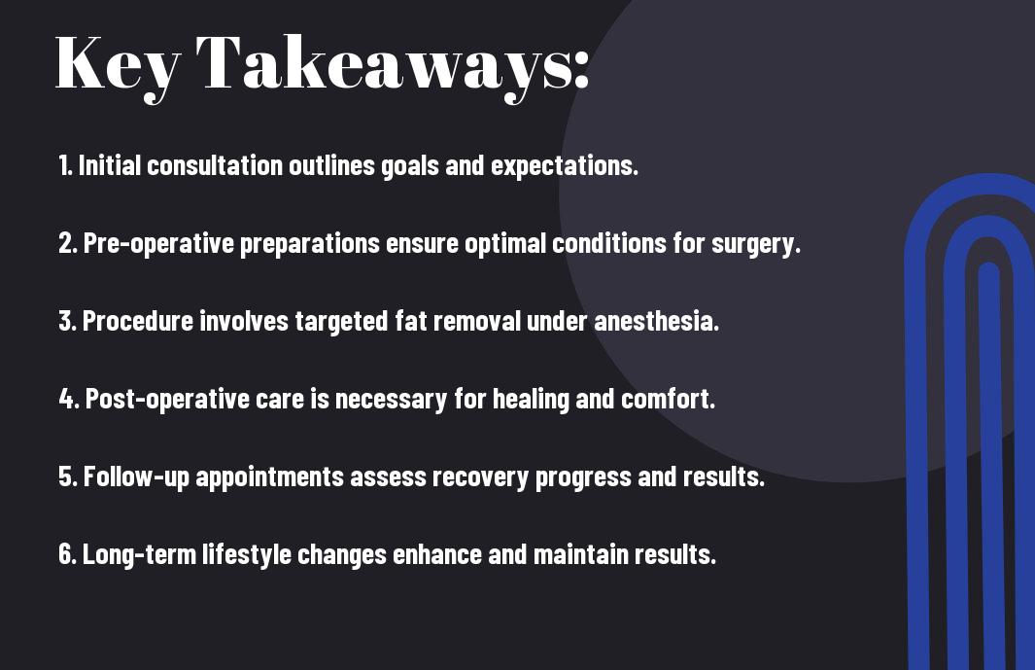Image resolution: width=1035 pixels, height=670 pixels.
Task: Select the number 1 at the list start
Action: tap(63, 165)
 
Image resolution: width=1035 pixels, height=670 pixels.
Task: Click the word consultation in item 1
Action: tap(215, 165)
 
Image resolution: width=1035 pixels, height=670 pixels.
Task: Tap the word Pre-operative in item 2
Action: tap(158, 244)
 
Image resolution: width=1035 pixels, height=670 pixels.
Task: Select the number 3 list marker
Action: tap(65, 321)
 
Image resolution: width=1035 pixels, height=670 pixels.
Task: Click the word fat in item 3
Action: tap(410, 321)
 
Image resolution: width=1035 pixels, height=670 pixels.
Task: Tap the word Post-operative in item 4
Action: tap(168, 399)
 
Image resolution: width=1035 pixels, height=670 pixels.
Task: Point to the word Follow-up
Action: tap(137, 477)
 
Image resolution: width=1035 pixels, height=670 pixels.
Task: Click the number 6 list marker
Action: tap(65, 554)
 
